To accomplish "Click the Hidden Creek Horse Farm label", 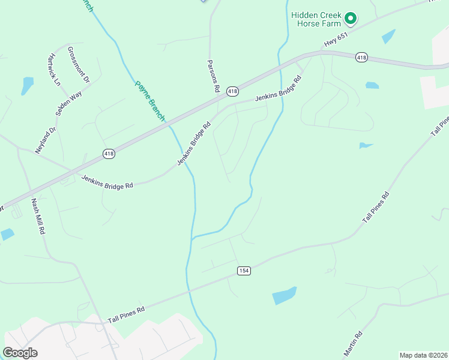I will (316, 19).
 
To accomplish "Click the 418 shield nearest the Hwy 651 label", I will (361, 57).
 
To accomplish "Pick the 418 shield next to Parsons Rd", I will (233, 91).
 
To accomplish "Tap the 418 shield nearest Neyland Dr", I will (109, 154).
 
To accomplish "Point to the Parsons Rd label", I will (212, 76).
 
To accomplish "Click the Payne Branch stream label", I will (149, 101).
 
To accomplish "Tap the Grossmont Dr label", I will (79, 64).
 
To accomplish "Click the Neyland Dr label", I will (46, 140).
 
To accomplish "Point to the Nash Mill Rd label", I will (38, 216).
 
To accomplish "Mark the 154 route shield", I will (243, 271).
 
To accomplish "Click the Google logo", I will (20, 353).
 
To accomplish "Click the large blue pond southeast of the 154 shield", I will (285, 295).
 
